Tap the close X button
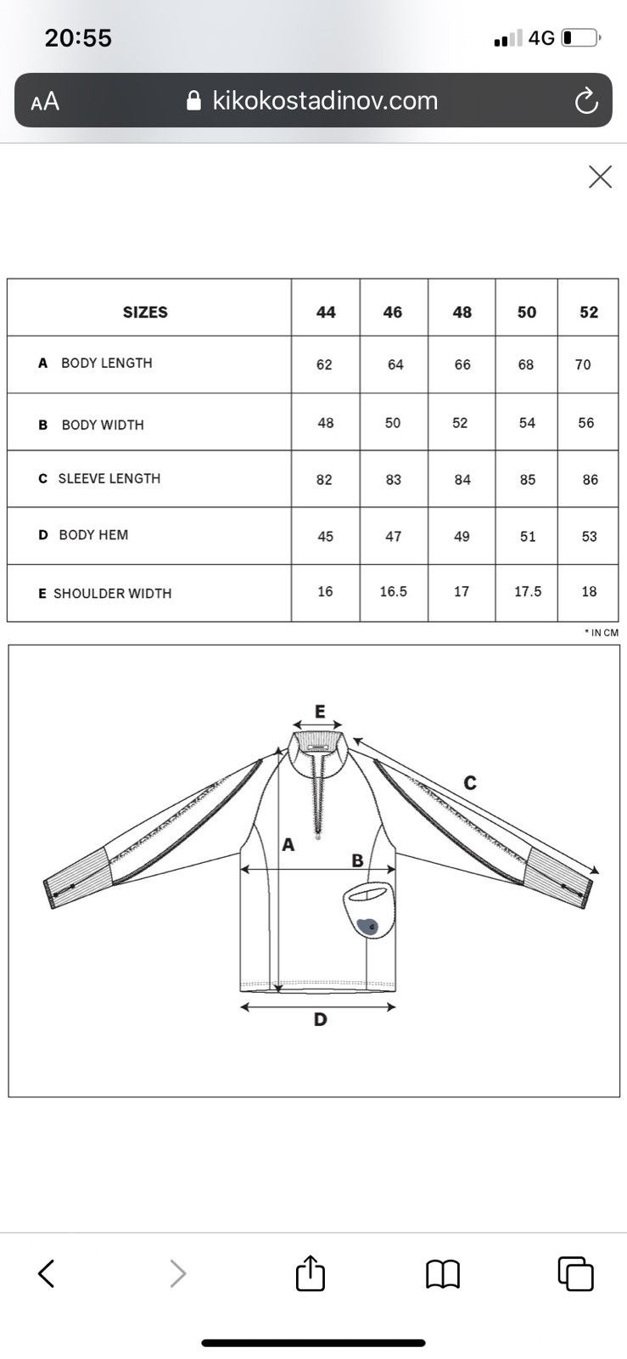[600, 178]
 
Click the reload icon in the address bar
[585, 101]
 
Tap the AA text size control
[45, 101]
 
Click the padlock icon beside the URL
[193, 101]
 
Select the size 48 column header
[462, 312]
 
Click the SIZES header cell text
[145, 312]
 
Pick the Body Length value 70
[583, 364]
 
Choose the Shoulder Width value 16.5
[393, 591]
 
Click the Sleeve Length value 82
[324, 480]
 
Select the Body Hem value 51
[528, 536]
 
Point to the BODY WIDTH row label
[103, 425]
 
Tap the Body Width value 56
[585, 423]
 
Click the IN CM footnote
[602, 633]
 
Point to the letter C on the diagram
[470, 782]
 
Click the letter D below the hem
[321, 1019]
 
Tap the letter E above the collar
[320, 711]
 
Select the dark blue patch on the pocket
[367, 925]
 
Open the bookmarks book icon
[444, 1273]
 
